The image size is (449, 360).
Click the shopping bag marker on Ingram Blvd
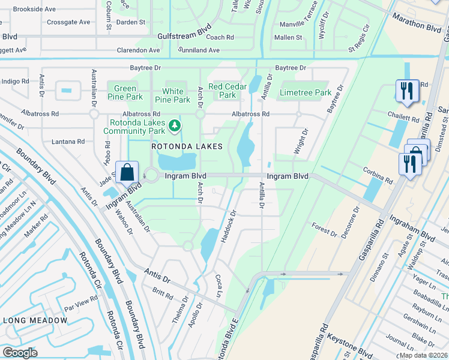click(128, 172)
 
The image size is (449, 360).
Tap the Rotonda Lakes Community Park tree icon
click(175, 125)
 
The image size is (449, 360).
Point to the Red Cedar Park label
click(228, 91)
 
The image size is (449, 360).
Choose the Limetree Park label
click(306, 93)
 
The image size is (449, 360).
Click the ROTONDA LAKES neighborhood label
click(187, 146)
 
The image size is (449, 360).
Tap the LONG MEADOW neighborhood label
click(35, 320)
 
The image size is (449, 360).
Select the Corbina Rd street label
click(379, 179)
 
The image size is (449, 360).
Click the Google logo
click(20, 353)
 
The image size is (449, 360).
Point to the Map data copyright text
click(423, 355)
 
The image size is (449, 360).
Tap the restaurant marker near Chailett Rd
click(406, 91)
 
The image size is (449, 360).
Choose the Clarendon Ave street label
click(138, 50)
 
